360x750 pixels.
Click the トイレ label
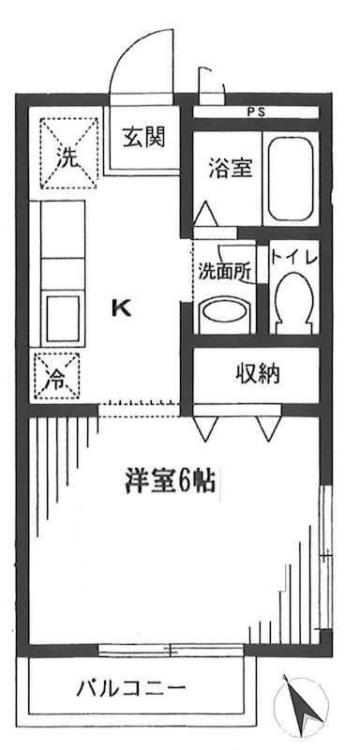297,256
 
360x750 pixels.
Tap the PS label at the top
256,112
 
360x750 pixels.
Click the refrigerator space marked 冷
57,379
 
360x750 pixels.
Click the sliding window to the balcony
172,647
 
